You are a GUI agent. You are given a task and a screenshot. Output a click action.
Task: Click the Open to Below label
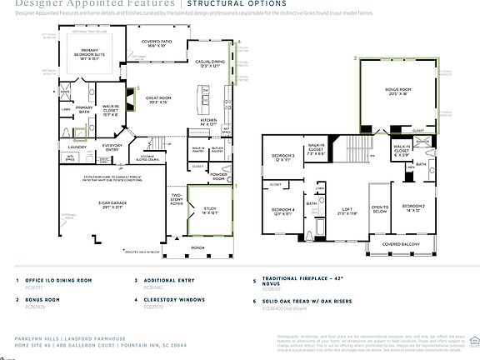(379, 209)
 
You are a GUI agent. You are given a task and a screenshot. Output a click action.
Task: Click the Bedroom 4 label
(284, 211)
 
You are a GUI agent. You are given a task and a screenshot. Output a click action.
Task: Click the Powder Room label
(219, 177)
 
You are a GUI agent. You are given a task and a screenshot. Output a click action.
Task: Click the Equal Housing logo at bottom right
(474, 339)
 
